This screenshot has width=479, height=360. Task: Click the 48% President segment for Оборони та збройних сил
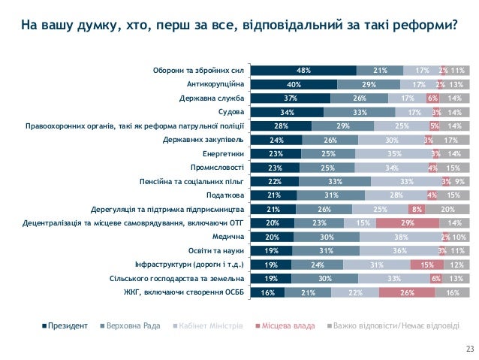coord(303,71)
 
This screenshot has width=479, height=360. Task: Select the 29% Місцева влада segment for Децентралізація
coord(407,223)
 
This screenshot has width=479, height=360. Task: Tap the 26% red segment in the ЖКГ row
coord(407,292)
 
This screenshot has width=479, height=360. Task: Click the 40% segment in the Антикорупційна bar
coord(294,84)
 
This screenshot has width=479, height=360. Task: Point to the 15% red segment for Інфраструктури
coord(427,265)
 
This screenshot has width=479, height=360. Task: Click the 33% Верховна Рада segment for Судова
coord(359,112)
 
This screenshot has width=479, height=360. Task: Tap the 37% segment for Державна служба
coord(291,98)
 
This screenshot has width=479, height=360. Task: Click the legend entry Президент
coord(67,326)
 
